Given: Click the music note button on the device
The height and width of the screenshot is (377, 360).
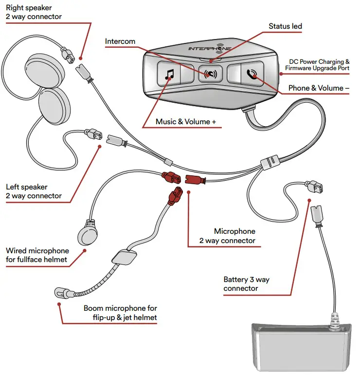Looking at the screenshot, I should [x=169, y=75].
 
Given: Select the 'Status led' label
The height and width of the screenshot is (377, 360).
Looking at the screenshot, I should [x=286, y=26].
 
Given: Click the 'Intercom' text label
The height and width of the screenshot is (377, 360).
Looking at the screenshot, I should [x=120, y=41].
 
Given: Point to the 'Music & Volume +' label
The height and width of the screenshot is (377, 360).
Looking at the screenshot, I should [x=183, y=121].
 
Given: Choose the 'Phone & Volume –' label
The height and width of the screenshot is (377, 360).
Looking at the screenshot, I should [x=318, y=89].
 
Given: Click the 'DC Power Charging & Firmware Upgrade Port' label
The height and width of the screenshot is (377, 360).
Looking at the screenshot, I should [x=319, y=65].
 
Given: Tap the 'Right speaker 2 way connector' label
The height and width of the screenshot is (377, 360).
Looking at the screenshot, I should [x=34, y=12].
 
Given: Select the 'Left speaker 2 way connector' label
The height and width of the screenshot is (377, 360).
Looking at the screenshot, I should [x=34, y=191].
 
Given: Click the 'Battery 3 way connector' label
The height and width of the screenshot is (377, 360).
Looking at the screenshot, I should [x=246, y=284].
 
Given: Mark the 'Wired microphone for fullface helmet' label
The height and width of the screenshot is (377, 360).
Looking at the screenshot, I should [x=37, y=255].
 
